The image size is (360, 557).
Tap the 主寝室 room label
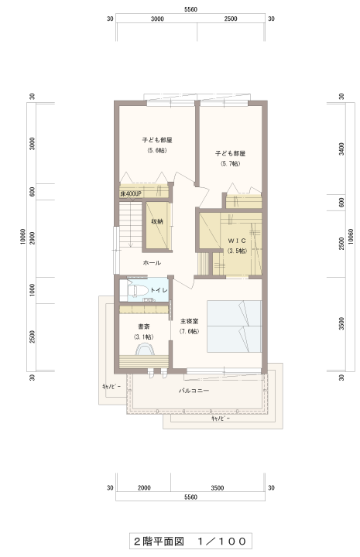(190, 321)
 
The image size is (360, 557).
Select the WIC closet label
(237, 241)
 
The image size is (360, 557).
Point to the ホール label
(152, 263)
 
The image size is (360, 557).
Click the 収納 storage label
(157, 222)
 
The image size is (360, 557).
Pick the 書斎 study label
(143, 326)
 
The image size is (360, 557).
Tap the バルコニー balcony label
(194, 391)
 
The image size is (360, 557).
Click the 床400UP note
(131, 194)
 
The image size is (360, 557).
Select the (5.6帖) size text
(157, 150)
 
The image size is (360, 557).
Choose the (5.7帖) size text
(230, 164)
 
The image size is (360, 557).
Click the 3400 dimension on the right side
(341, 149)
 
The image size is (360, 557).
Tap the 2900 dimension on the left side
(33, 238)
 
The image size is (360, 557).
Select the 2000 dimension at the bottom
(144, 488)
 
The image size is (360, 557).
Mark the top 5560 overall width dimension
(191, 9)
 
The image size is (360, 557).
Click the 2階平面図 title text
(159, 542)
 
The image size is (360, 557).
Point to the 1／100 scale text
(222, 542)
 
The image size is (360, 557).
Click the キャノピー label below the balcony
(221, 419)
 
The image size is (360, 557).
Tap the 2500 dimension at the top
(231, 19)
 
